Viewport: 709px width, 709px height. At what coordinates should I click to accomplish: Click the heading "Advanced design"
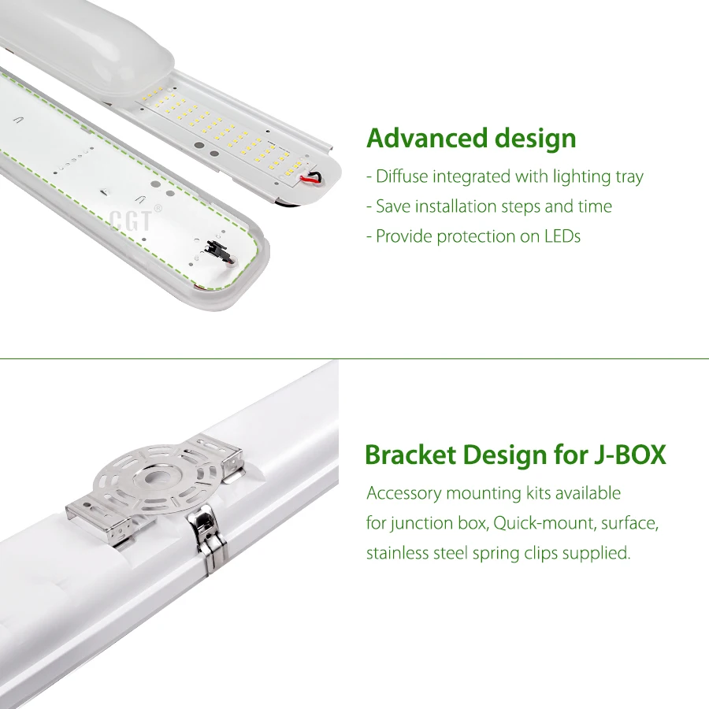click(x=471, y=139)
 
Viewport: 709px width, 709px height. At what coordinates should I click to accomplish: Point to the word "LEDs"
click(x=562, y=236)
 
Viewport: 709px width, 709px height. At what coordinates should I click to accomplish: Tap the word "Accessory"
click(x=403, y=494)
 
